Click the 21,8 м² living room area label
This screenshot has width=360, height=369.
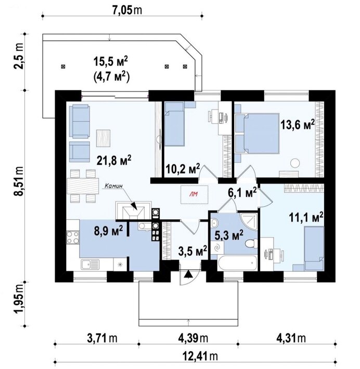(x=114, y=161)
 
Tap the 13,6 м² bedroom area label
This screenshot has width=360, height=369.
(x=298, y=125)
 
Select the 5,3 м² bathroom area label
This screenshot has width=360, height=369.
(x=229, y=235)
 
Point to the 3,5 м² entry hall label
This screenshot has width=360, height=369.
(x=192, y=252)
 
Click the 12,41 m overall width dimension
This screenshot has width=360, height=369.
(x=200, y=356)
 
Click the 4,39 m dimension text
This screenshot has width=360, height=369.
(x=193, y=338)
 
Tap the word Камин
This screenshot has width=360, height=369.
(x=114, y=186)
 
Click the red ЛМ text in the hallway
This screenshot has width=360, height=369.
(x=194, y=194)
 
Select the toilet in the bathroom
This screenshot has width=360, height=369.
(x=251, y=243)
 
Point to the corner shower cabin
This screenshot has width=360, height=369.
(x=249, y=221)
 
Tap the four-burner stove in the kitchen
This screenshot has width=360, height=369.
(x=72, y=237)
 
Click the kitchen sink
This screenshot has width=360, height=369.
(x=90, y=265)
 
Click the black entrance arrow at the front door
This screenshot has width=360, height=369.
(x=188, y=274)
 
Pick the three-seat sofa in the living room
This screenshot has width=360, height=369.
(x=80, y=122)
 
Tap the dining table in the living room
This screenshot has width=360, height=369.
(x=83, y=186)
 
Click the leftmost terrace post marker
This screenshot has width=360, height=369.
(x=63, y=67)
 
